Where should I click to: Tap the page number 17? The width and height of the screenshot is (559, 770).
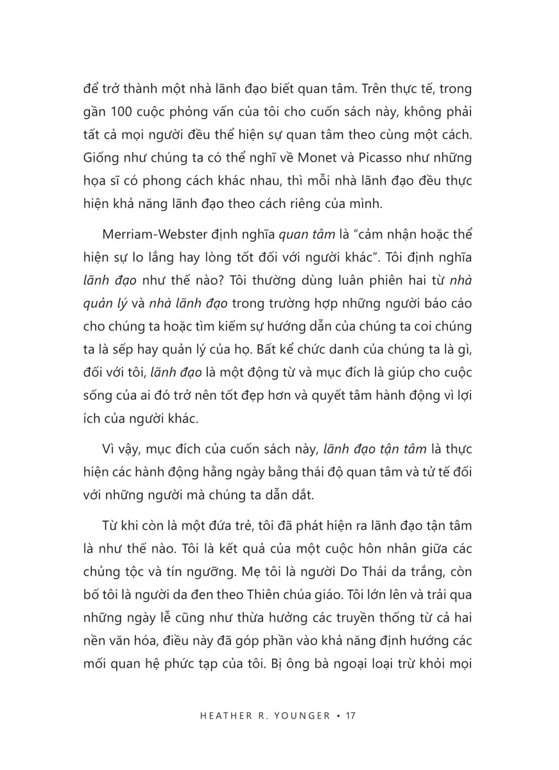click(x=350, y=715)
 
